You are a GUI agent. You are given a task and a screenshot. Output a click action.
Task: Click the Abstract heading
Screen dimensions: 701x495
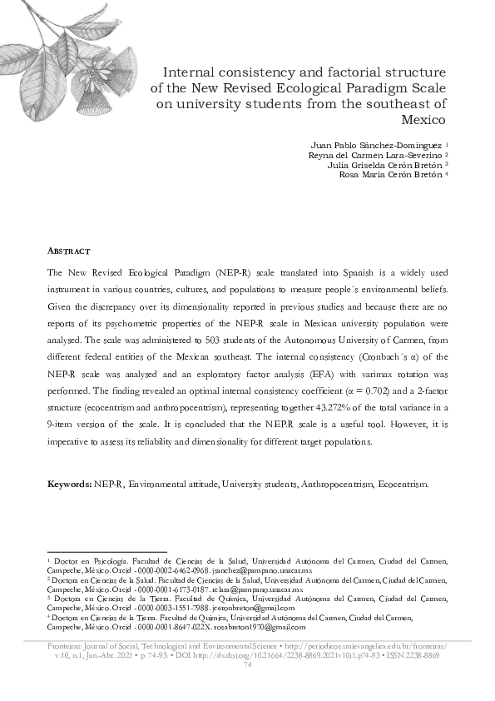[68, 251]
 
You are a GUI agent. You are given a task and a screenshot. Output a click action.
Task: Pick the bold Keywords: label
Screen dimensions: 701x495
[69, 484]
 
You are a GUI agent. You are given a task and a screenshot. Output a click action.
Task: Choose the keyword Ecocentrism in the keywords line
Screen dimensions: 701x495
[403, 484]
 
